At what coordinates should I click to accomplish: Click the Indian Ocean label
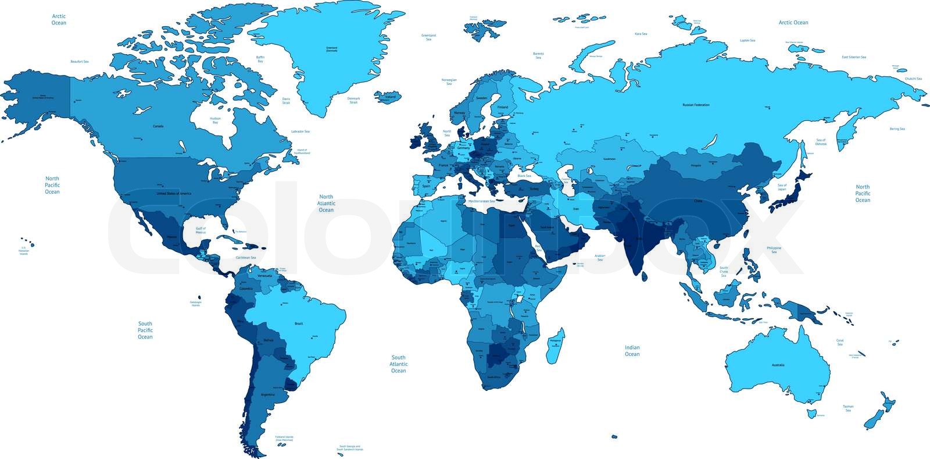(632, 350)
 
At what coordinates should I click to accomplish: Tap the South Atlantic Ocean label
(398, 364)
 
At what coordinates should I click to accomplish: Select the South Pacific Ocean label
(145, 330)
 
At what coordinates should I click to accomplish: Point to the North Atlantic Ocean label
(326, 203)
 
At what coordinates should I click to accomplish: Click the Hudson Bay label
(215, 120)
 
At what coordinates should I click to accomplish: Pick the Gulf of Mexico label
(201, 230)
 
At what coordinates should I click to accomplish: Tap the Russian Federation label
(696, 105)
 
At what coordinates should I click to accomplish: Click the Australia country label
(778, 365)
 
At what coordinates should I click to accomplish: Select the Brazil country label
(299, 323)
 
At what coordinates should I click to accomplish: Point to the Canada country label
(158, 126)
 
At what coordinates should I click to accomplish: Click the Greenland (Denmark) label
(331, 49)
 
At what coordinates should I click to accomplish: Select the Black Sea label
(524, 176)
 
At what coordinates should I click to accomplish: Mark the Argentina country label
(267, 394)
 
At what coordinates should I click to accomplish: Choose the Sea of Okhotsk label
(821, 142)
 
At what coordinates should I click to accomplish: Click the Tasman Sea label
(848, 408)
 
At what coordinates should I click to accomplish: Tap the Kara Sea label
(641, 34)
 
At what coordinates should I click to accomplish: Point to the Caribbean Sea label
(246, 257)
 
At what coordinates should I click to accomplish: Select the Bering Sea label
(897, 129)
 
